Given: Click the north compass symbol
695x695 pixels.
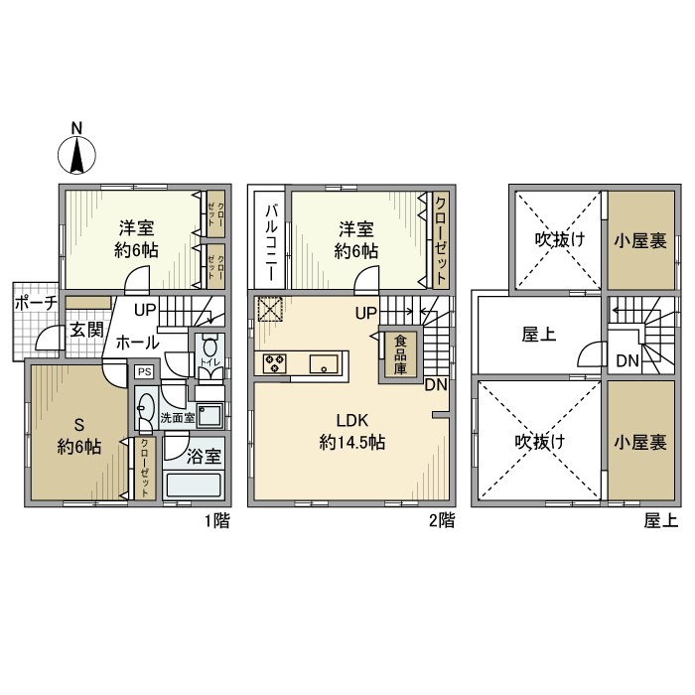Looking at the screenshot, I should coord(77,152).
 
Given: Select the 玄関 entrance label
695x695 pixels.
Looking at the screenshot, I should coord(85,330).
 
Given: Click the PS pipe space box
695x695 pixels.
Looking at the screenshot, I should coord(145,371).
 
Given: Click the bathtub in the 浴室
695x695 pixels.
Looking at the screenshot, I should coord(195,486).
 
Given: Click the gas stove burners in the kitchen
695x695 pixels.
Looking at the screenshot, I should coord(275,364).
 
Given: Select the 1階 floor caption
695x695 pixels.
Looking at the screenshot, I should coord(215,519).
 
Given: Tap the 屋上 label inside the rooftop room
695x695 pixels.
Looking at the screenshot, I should coord(537,335).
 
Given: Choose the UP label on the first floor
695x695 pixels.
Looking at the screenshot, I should coord(144,309).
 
